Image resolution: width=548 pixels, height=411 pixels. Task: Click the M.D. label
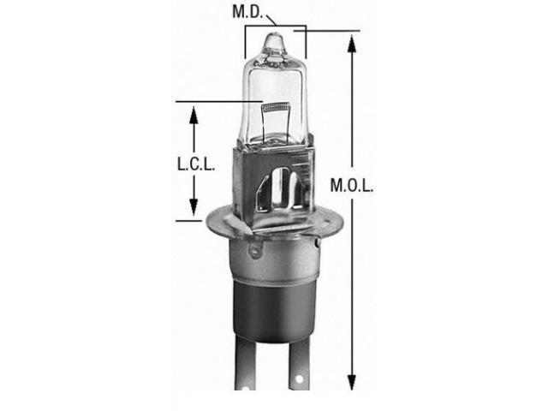tap(247, 12)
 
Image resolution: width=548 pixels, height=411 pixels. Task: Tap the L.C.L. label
tap(196, 164)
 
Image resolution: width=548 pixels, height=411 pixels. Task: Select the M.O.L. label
tap(352, 186)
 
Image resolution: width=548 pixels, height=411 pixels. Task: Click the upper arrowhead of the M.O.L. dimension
tap(352, 44)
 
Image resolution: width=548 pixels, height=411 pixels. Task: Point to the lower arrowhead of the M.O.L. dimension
tap(352, 383)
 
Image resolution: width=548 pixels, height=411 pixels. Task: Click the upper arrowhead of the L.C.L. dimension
tap(194, 116)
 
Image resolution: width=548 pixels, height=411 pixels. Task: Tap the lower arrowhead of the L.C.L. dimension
tap(194, 207)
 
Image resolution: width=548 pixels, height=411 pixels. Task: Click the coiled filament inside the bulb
tap(276, 106)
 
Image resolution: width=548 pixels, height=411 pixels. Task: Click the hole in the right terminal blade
tap(299, 379)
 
